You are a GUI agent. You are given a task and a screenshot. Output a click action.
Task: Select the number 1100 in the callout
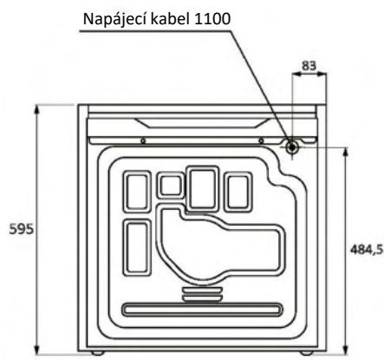pos(213,19)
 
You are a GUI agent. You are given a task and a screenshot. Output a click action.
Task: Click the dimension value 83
pos(309,66)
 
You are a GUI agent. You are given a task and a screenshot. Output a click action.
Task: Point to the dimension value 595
pos(22,229)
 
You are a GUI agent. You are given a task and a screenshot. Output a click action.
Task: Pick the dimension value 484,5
pos(367,249)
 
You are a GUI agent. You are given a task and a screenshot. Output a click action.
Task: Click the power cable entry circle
pos(292,147)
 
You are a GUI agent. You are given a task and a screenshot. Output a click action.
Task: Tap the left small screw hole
pos(143,141)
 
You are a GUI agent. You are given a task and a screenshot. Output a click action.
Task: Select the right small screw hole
pos(261,141)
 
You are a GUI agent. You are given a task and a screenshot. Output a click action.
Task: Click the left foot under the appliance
pos(97,353)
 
